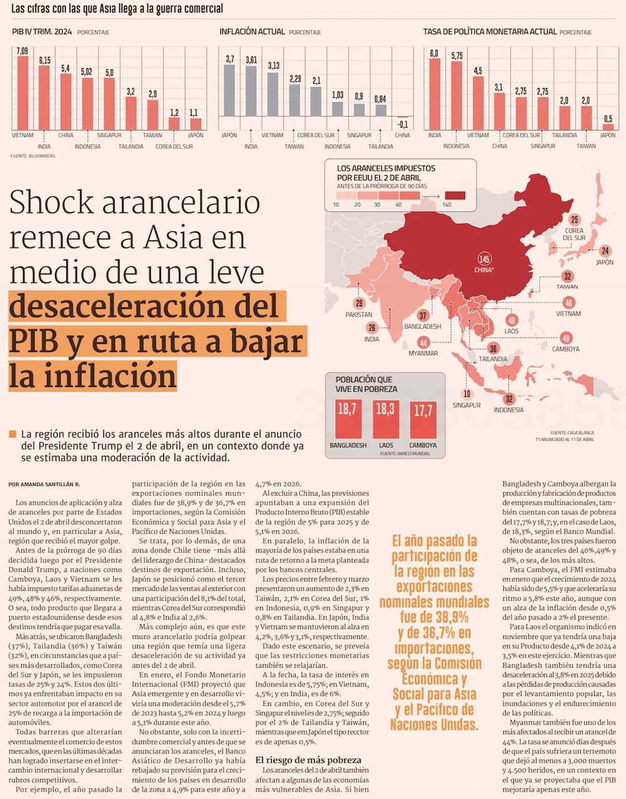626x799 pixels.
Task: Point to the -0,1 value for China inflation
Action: [403, 124]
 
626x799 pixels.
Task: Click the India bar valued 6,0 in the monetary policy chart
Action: [434, 94]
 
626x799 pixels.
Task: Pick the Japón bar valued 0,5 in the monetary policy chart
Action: [608, 126]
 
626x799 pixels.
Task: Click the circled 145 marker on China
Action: [484, 259]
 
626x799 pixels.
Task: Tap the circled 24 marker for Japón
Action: [605, 251]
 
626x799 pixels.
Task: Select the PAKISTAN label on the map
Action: [359, 314]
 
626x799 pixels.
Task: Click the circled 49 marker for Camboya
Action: [565, 338]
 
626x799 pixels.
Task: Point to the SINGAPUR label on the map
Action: [466, 405]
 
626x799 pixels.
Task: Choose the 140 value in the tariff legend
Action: [447, 204]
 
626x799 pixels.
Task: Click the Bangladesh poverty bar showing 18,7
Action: [347, 419]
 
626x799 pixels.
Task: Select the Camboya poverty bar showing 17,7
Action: [423, 420]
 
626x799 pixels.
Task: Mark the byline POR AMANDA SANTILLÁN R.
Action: [44, 485]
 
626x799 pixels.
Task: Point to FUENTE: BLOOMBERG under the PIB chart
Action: [33, 156]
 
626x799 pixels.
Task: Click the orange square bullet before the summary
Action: [13, 434]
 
